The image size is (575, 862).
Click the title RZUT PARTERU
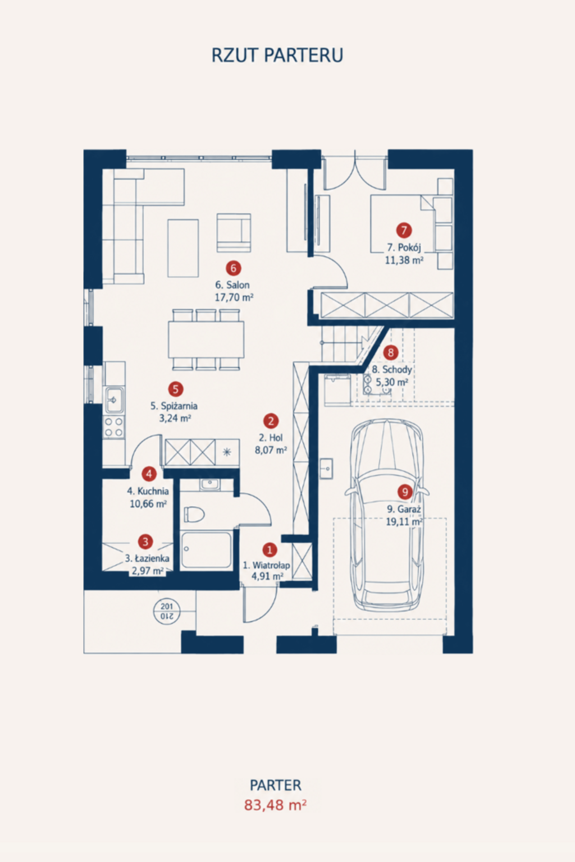(x=277, y=55)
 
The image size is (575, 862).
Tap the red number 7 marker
(x=404, y=231)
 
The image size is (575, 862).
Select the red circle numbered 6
(x=234, y=268)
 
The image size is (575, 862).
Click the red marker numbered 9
(x=405, y=492)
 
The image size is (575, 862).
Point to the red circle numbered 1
(x=270, y=550)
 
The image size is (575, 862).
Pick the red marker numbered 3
(x=145, y=542)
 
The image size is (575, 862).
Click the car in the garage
(x=387, y=516)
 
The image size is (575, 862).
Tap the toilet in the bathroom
(x=194, y=515)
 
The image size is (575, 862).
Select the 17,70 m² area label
(x=234, y=297)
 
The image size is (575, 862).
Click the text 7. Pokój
(x=404, y=247)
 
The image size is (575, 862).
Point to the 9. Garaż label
(x=404, y=509)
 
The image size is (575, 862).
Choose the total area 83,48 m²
(x=275, y=805)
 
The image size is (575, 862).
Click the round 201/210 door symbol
(x=167, y=611)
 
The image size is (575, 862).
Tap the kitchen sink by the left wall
(x=115, y=400)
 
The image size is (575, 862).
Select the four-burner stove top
(x=114, y=427)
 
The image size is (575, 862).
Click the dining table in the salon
(x=206, y=340)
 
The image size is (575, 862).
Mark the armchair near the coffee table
(x=234, y=233)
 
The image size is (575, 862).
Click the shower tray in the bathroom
(x=206, y=550)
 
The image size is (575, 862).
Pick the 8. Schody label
(x=392, y=370)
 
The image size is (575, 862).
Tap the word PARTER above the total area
(x=276, y=786)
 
